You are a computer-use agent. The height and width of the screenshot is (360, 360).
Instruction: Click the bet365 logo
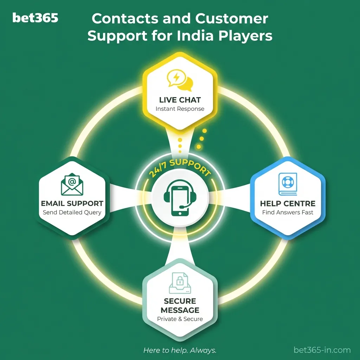[x=35, y=18]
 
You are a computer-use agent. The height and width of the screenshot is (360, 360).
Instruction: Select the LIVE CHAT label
[x=180, y=100]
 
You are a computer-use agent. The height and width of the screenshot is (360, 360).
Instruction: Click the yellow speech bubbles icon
[x=180, y=80]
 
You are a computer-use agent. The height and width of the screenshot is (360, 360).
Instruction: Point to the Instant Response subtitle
[x=180, y=109]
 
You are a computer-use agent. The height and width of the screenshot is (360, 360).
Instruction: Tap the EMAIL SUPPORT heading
[x=72, y=204]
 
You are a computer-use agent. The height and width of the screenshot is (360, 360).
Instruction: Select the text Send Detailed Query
[x=72, y=212]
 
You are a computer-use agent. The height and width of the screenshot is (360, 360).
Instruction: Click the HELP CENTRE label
[x=288, y=204]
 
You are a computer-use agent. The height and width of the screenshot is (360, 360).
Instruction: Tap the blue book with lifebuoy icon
[x=288, y=184]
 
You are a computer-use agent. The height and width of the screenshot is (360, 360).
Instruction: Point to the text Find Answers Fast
[x=288, y=212]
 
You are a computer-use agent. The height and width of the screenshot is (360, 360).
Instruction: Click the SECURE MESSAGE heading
[x=180, y=306]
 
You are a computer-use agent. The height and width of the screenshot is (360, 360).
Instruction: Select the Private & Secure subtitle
[x=180, y=319]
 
